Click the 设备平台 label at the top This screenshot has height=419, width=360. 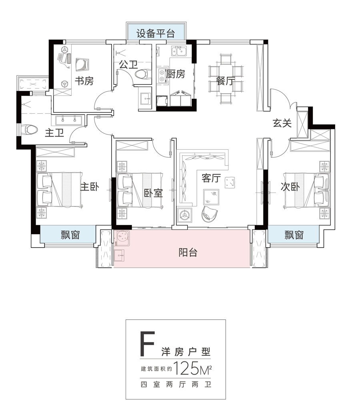(x=156, y=34)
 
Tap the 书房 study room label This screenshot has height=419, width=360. (x=84, y=80)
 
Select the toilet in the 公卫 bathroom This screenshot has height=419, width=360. (x=144, y=74)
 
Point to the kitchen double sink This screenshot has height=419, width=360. (x=178, y=51)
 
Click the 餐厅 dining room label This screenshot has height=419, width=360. (x=226, y=81)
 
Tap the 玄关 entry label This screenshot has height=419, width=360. (x=282, y=123)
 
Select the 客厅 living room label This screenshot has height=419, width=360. (x=211, y=178)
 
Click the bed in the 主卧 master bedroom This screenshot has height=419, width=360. (x=59, y=189)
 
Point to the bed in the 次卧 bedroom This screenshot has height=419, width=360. (x=306, y=189)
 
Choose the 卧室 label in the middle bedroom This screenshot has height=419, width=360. (x=153, y=193)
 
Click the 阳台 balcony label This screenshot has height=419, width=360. (x=188, y=253)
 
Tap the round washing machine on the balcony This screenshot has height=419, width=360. (x=122, y=238)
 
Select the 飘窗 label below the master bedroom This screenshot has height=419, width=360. (x=70, y=235)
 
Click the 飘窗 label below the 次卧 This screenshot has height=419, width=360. (x=294, y=235)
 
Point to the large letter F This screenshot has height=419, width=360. (x=147, y=343)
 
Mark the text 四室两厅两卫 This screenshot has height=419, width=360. (x=176, y=385)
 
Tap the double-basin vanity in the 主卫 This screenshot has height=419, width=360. (x=69, y=120)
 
